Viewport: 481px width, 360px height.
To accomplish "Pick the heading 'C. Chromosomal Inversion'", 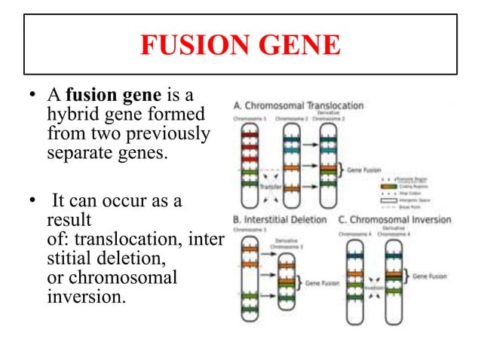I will [394, 220].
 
